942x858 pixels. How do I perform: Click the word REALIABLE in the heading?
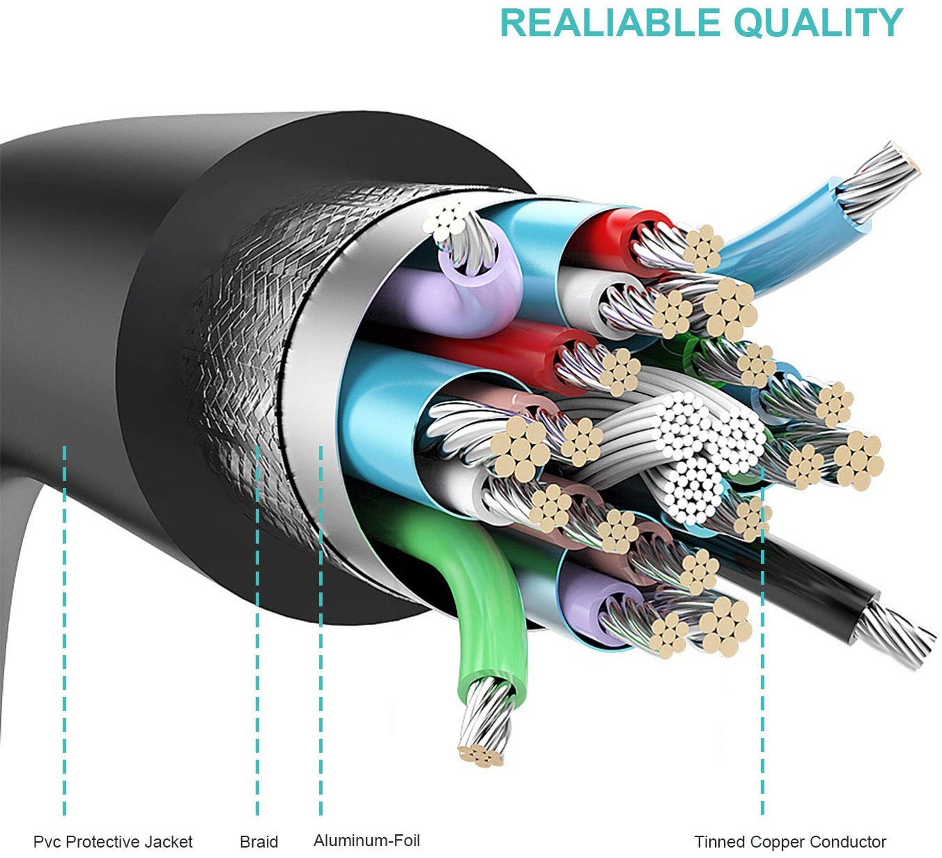point(612,23)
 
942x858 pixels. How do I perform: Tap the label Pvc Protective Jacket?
point(113,842)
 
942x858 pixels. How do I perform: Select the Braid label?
point(258,842)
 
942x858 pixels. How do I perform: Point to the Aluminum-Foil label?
point(366,841)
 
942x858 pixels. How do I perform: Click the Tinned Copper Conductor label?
point(790,842)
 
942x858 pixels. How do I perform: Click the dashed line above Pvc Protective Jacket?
point(65,627)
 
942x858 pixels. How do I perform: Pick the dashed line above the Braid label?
point(257,627)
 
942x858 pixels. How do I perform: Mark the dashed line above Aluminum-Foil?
point(321,627)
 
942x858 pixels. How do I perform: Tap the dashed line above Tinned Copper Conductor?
point(762,662)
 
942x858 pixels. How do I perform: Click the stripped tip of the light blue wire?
point(881,178)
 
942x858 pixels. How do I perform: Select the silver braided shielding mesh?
point(230,362)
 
